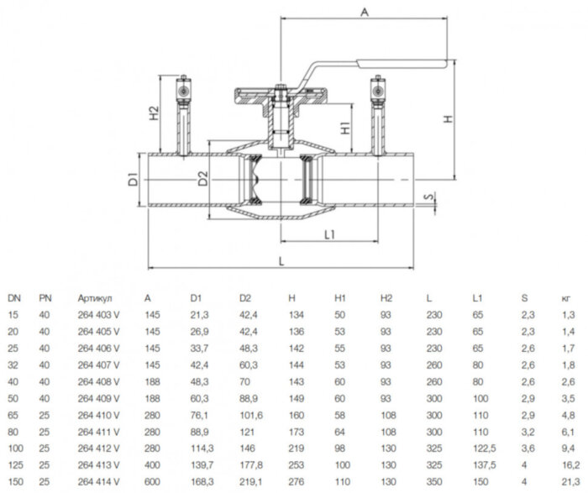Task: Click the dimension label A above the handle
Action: pos(364,12)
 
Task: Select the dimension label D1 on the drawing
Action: pos(133,179)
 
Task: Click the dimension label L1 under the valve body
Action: pos(330,235)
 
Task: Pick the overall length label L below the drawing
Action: pos(281,261)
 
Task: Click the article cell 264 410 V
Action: pos(97,414)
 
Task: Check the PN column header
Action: pos(45,297)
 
